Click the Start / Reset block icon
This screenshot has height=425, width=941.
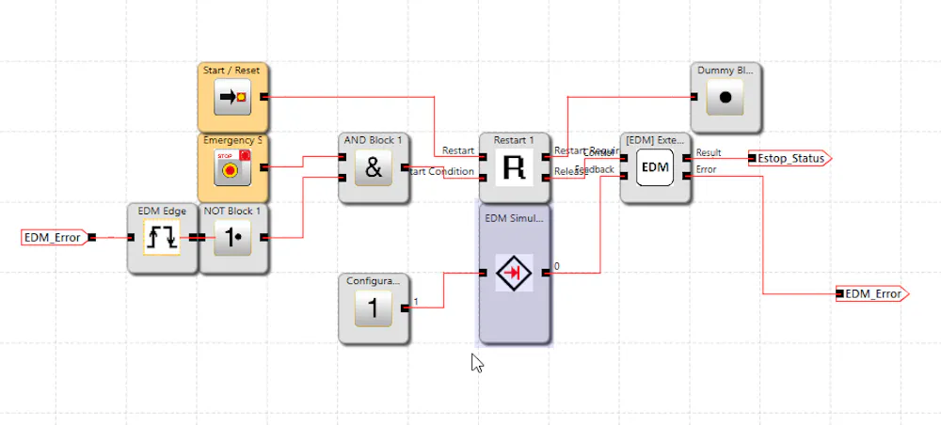click(231, 97)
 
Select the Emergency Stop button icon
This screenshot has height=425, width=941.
click(231, 167)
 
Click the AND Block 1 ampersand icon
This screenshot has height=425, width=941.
click(374, 168)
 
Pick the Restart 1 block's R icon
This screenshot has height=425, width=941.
click(515, 168)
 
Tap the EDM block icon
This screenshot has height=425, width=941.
click(655, 167)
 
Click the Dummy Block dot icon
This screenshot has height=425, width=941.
click(726, 97)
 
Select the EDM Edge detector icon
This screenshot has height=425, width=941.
click(162, 238)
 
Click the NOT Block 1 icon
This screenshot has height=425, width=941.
click(232, 238)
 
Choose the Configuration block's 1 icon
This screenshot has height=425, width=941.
click(374, 308)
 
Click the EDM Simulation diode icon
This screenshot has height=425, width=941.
click(515, 273)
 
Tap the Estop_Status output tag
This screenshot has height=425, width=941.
click(791, 158)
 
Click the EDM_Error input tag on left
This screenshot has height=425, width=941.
click(53, 237)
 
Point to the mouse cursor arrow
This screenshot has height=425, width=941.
click(476, 363)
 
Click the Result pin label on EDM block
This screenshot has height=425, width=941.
click(709, 152)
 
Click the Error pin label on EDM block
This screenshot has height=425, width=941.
click(707, 170)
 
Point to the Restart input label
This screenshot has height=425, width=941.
click(459, 151)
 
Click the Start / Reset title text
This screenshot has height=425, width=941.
click(231, 70)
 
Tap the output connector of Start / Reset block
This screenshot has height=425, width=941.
click(264, 96)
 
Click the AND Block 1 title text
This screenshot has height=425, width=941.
click(374, 139)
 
